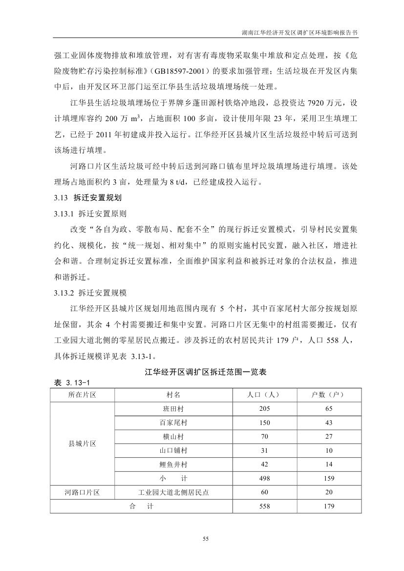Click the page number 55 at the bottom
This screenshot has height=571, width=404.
206,539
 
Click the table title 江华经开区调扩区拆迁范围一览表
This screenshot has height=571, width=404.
206,372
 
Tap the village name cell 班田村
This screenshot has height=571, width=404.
173,409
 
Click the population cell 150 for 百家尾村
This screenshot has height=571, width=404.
264,423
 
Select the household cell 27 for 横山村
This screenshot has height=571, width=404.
329,437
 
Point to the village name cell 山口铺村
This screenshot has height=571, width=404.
173,450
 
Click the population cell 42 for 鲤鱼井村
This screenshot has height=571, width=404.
264,465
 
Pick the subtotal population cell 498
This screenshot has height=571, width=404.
264,479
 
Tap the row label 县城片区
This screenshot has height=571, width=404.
82,444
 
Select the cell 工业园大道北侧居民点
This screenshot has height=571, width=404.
173,493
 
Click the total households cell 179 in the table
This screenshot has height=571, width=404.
329,507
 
